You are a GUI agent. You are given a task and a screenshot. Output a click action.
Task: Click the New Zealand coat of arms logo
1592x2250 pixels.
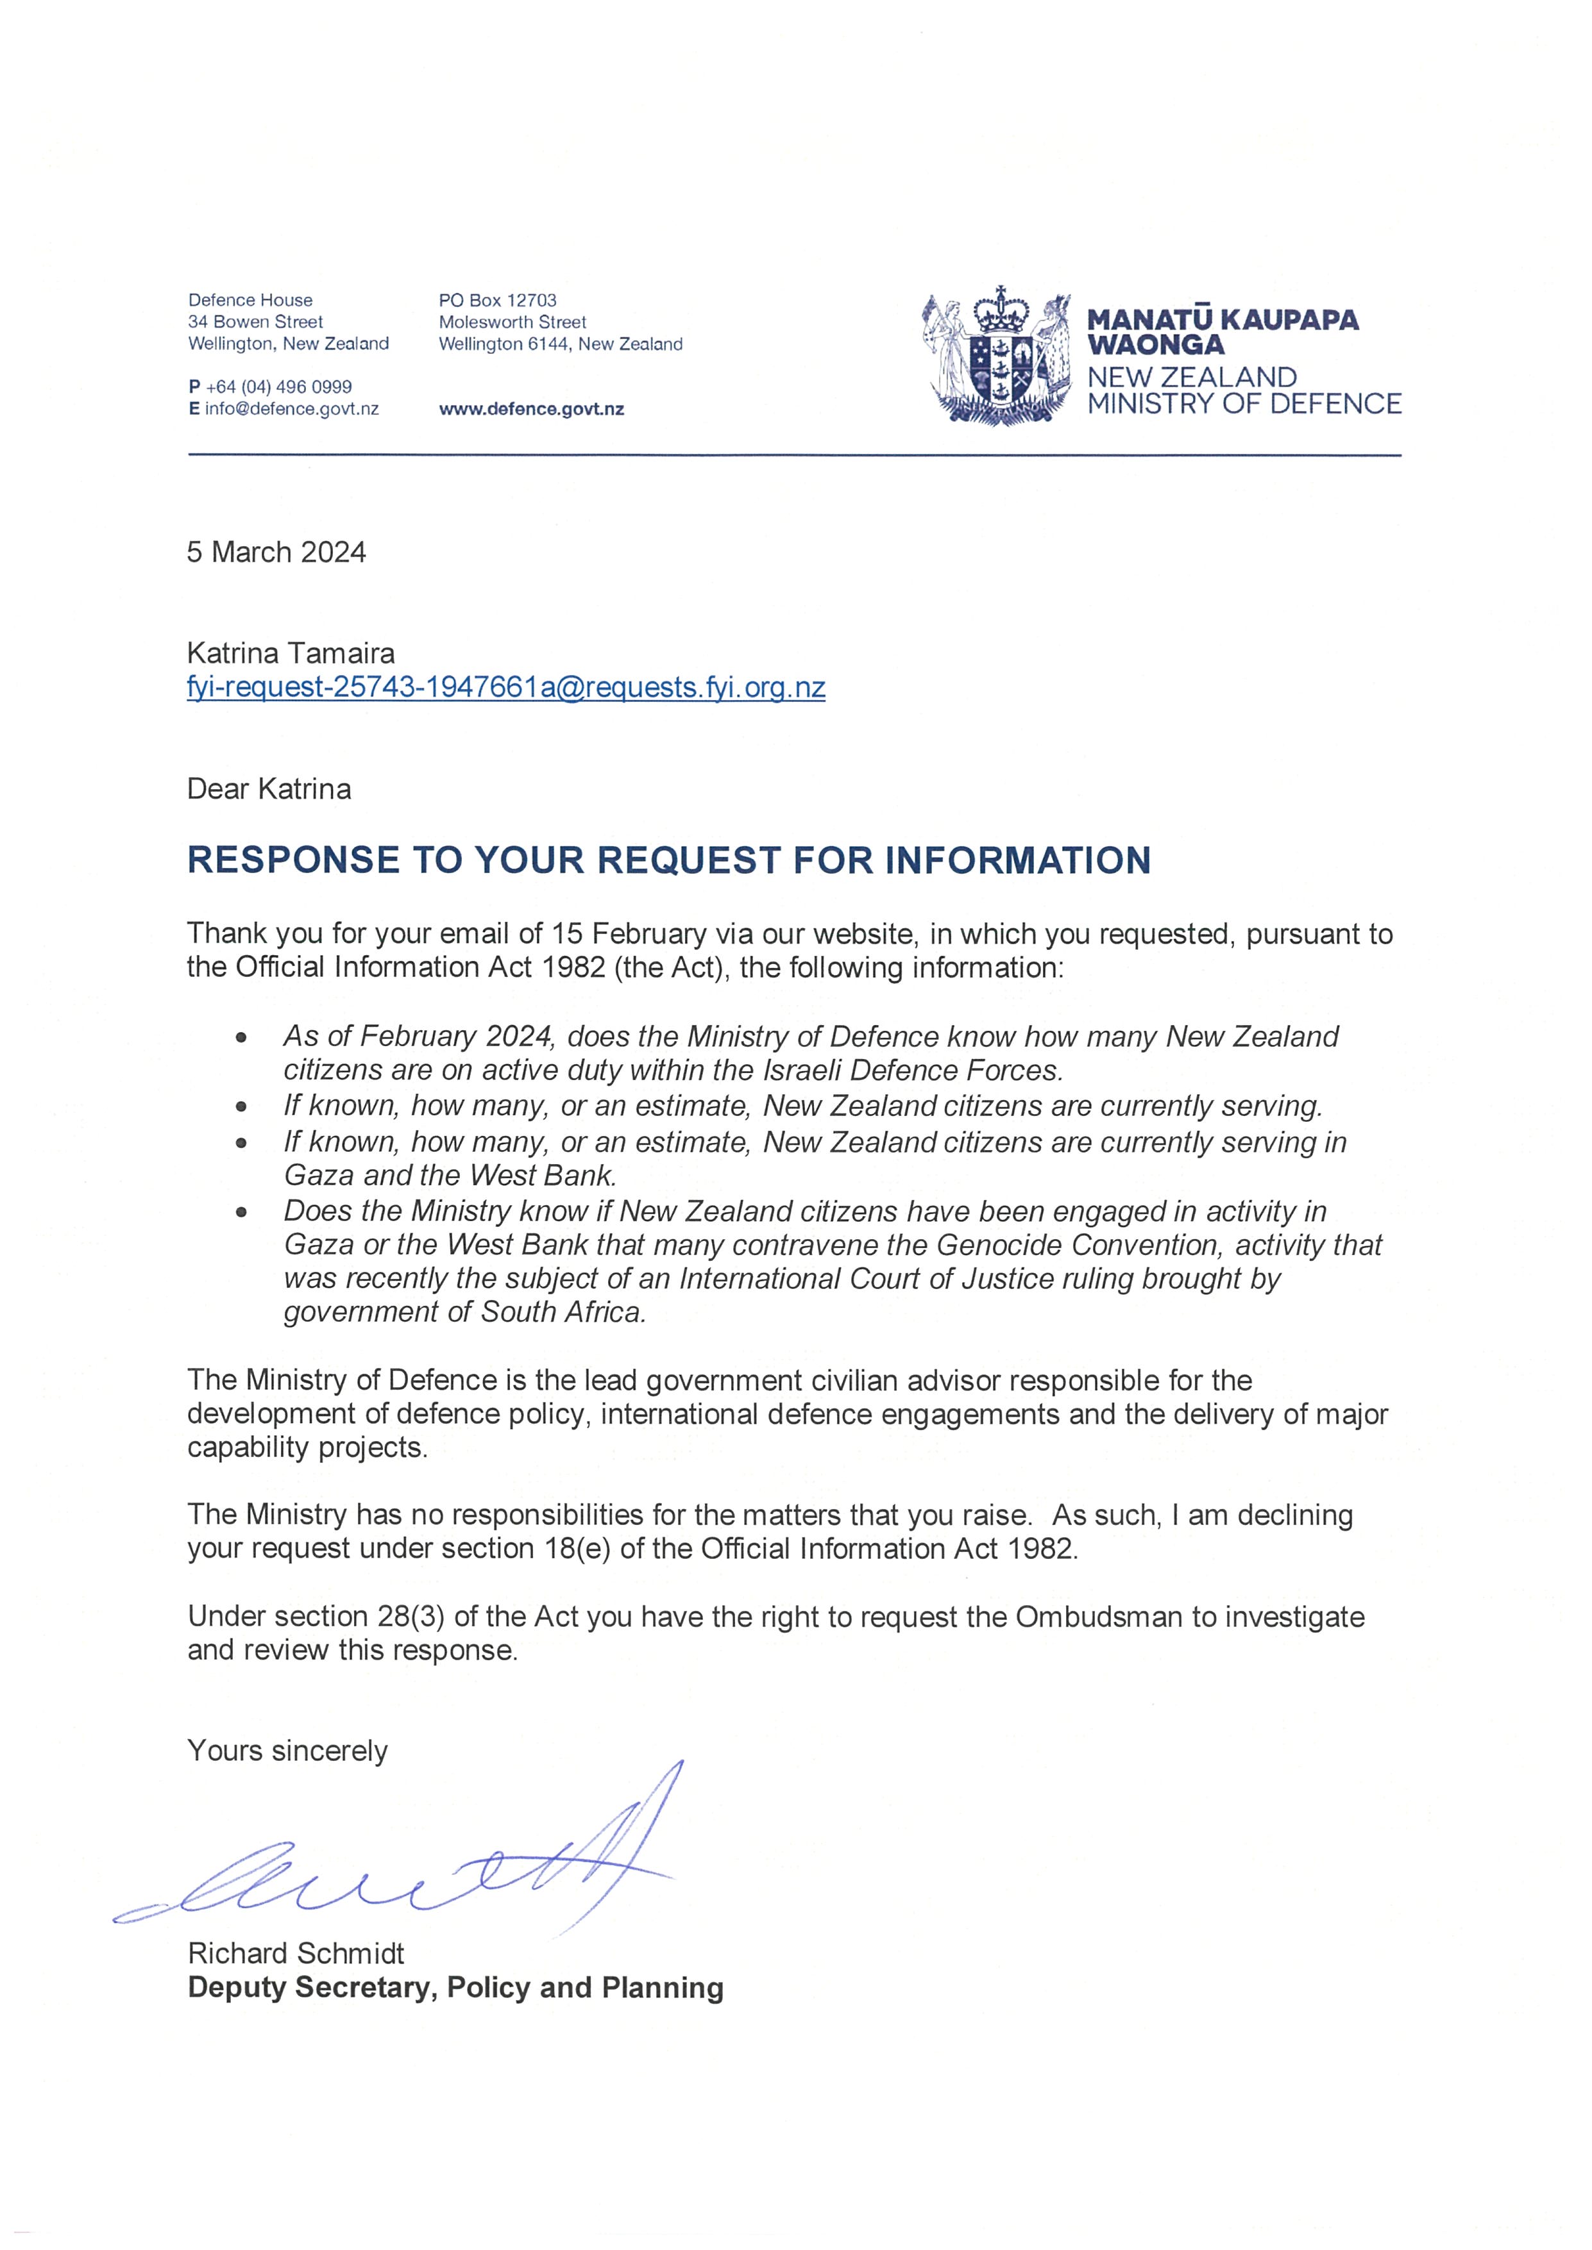click(996, 356)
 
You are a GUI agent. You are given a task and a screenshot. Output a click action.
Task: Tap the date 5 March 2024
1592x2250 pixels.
click(276, 553)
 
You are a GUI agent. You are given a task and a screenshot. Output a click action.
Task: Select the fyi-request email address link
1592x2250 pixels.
click(506, 687)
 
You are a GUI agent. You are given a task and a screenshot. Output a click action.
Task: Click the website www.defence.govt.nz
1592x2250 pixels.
click(531, 410)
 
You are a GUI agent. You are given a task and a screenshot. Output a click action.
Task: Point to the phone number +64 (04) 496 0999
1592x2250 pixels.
click(278, 387)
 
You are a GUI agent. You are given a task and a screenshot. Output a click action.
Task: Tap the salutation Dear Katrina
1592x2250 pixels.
click(269, 789)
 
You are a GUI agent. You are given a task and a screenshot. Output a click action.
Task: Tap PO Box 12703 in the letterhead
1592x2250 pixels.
click(497, 300)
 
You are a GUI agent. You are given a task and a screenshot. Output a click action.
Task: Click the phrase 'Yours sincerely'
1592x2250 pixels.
click(287, 1751)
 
